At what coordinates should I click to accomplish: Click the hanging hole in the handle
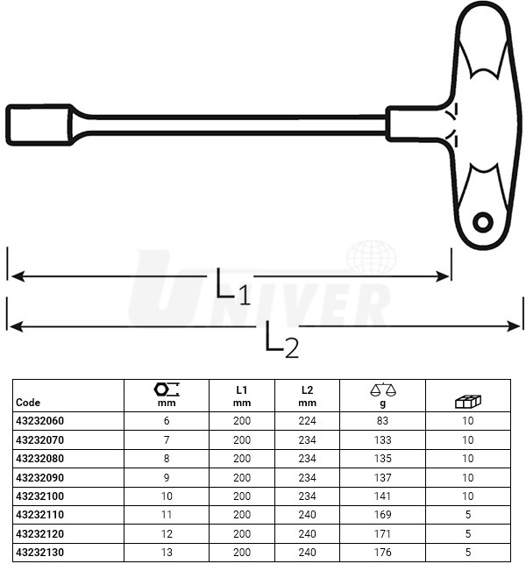click(x=482, y=222)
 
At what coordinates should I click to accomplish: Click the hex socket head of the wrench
click(x=39, y=125)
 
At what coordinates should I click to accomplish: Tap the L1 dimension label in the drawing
click(x=232, y=287)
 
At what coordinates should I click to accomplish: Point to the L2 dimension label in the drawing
click(x=281, y=339)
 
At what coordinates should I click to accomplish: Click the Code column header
click(x=28, y=402)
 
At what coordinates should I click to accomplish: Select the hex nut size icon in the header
click(x=167, y=389)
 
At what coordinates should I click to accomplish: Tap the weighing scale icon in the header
click(x=383, y=389)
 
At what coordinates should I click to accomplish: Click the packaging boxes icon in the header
click(x=468, y=401)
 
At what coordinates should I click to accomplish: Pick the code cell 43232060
click(x=40, y=420)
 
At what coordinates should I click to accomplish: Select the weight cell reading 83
click(x=382, y=420)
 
